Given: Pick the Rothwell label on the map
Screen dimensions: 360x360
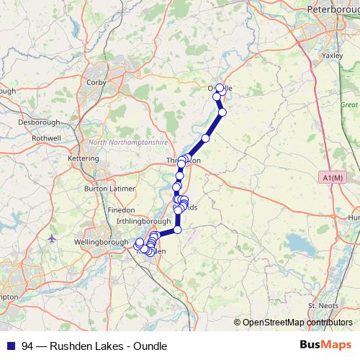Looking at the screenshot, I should tap(47, 138).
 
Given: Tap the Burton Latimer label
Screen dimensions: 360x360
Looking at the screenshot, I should tap(106, 188).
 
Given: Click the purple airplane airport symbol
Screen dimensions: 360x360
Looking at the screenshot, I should tap(51, 238).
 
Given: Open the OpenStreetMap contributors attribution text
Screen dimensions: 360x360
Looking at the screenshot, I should tap(297, 322).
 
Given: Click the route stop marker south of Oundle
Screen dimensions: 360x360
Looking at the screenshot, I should tap(222, 112).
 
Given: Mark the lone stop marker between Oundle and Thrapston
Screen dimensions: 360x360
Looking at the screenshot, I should tap(206, 138).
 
